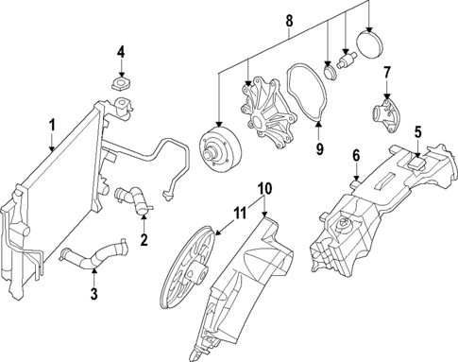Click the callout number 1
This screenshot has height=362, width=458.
[53, 124]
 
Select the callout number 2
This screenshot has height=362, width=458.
[144, 239]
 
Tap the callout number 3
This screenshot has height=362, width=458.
[93, 295]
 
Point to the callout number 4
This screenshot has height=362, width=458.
[121, 51]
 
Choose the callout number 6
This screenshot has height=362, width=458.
[356, 155]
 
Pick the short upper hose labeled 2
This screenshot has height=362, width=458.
[131, 199]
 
